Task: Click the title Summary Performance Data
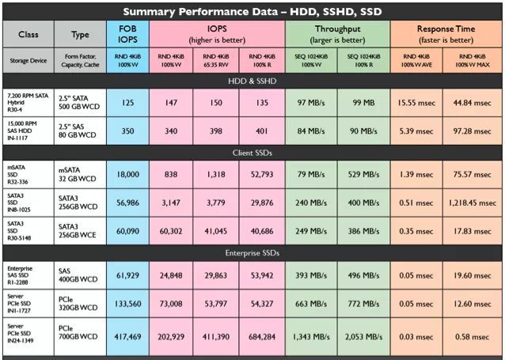tap(252, 10)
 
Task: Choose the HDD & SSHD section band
tap(252, 80)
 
